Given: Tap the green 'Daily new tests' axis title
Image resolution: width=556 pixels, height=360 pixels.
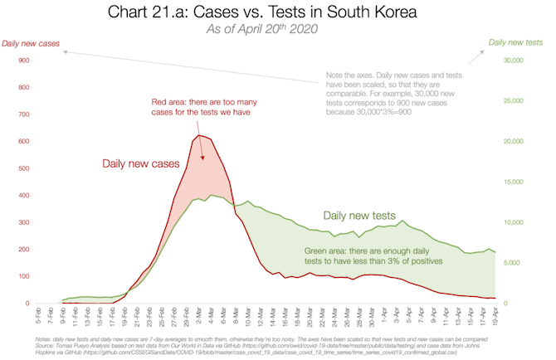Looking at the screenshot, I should point(516,42).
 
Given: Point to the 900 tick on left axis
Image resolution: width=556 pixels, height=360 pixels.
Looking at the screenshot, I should point(22,60).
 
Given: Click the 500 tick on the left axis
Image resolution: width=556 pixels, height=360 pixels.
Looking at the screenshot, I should point(22,168).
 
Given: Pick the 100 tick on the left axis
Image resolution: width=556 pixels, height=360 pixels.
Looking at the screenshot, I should point(22,276).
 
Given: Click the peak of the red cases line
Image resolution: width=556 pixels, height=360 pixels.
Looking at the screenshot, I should point(199,135).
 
